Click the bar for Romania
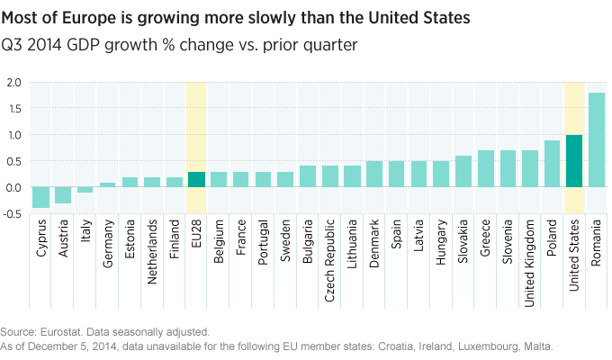[x=597, y=140]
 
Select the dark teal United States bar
[x=574, y=161]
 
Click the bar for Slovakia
[x=463, y=172]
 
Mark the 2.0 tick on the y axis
[x=14, y=83]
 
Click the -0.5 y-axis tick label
[x=13, y=214]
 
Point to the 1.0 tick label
[x=14, y=136]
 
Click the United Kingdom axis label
[x=530, y=257]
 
